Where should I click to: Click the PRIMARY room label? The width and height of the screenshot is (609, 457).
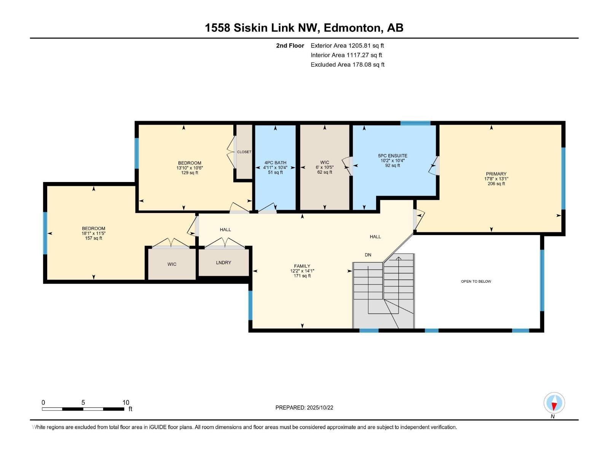pos(496,174)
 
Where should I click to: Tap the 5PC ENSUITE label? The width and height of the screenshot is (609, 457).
pos(392,156)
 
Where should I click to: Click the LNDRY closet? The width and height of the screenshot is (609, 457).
pos(223,263)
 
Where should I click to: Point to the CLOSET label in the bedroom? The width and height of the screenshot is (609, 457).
pos(244,152)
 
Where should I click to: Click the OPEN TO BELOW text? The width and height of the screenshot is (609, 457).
pos(476,281)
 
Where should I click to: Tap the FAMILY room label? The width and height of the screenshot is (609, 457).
pos(302,266)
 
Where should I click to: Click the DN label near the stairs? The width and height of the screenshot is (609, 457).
pos(368,255)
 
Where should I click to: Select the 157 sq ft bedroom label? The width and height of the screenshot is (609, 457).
pos(93,233)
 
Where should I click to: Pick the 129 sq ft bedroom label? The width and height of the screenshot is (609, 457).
pos(189,168)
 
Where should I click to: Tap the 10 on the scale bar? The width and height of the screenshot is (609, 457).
pos(126,403)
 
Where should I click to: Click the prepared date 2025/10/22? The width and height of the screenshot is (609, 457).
pos(319,407)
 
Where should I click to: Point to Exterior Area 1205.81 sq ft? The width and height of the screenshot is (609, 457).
pos(347,46)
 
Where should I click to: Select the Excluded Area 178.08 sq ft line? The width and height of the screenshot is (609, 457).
pos(347,65)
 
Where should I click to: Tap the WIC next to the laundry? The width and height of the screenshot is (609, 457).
pos(172,264)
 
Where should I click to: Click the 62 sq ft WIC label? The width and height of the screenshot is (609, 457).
pos(324,167)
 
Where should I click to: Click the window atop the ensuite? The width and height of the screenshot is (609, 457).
pos(415,123)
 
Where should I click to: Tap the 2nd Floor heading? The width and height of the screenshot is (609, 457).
pos(290,46)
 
